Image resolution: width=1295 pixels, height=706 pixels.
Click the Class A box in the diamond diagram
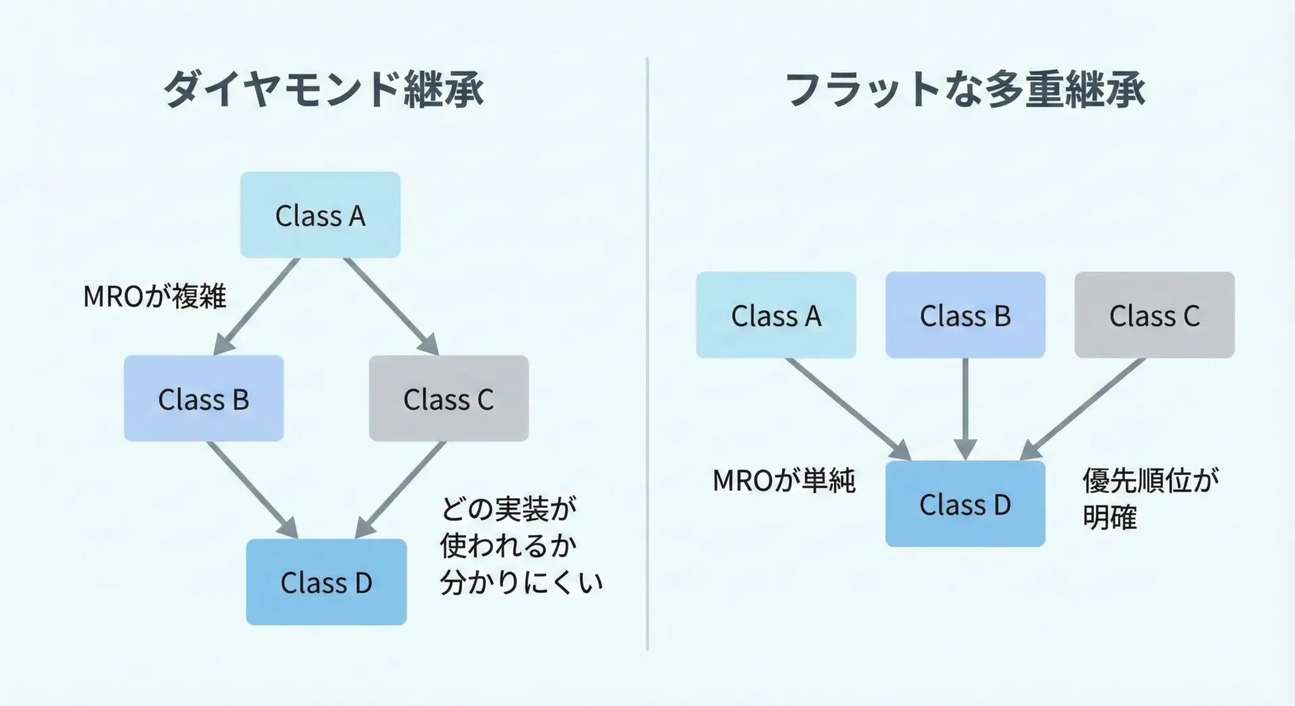point(320,215)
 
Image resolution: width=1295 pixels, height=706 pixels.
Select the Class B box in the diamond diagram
point(204,399)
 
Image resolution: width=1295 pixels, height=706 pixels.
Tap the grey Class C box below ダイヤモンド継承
point(449,399)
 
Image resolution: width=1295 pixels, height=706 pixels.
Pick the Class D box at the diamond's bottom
point(326,582)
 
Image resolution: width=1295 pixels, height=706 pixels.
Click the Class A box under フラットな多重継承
point(776,315)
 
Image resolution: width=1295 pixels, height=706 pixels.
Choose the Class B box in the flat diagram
point(965,315)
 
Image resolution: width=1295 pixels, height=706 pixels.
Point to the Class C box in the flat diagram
point(1155,315)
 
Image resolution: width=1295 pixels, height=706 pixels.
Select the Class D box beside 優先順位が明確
point(965,504)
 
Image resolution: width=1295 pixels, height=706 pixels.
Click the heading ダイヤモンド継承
point(324,89)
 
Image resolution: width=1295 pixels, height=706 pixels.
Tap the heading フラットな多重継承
point(965,89)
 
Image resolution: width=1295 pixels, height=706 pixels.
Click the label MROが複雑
point(154,296)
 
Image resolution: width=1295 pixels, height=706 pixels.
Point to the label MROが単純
point(784,481)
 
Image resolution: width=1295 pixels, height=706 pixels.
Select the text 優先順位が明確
point(1150,499)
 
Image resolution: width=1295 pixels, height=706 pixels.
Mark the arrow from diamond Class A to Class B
point(257,306)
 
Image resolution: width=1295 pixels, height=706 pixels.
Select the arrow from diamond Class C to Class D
point(401,490)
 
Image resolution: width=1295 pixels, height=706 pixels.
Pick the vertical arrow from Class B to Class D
point(965,408)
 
